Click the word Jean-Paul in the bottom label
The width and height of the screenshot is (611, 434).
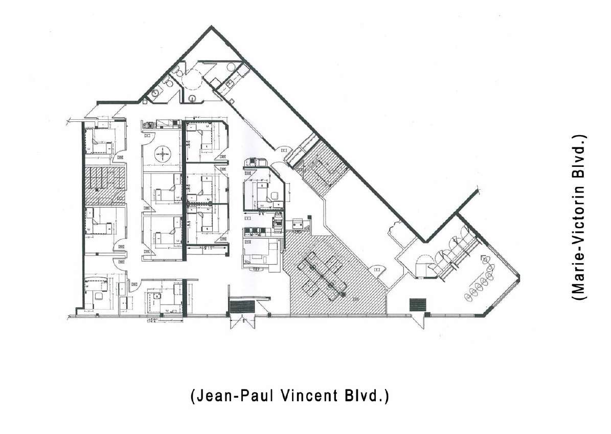[228, 396]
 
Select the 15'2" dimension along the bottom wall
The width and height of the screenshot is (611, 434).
[152, 321]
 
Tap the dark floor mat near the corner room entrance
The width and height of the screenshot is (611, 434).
[417, 305]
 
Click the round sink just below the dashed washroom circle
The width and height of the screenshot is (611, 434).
[192, 98]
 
